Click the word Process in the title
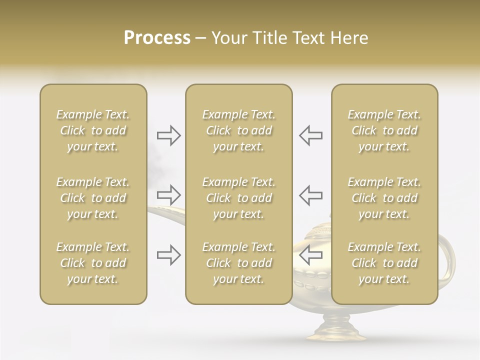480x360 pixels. [157, 38]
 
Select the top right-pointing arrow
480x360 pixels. [168, 135]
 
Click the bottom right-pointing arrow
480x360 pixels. [168, 255]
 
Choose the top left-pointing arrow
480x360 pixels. [310, 135]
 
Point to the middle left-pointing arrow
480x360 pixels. [310, 195]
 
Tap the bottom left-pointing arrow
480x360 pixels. [310, 254]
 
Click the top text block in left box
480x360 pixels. [93, 130]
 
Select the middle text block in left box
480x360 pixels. [93, 198]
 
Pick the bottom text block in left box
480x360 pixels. [93, 263]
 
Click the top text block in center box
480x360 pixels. [238, 130]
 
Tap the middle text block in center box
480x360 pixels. [238, 198]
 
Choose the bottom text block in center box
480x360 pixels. [238, 263]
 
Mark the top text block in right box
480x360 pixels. [384, 130]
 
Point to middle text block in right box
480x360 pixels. [384, 198]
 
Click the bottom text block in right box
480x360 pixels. [384, 263]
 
